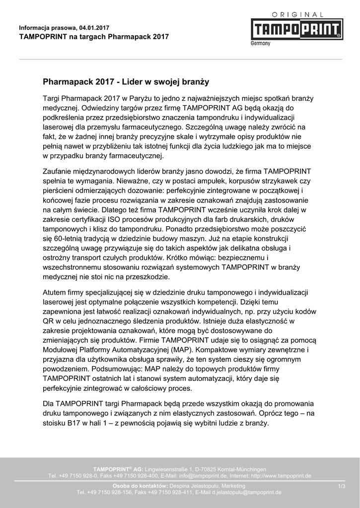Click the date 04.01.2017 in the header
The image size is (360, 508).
coord(94,27)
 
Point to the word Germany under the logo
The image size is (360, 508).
coord(260,43)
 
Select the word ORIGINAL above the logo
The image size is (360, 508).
coord(297,15)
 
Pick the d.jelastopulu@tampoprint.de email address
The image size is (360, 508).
coord(246,492)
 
